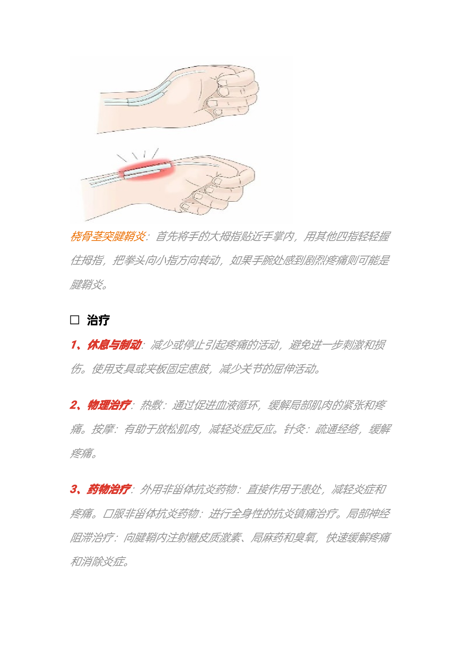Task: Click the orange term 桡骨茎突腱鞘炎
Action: point(108,236)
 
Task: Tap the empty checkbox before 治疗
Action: point(75,320)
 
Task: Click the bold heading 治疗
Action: point(99,320)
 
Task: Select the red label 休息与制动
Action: point(114,345)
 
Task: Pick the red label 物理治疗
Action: point(109,405)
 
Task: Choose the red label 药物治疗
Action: point(109,489)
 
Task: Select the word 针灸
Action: point(294,429)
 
